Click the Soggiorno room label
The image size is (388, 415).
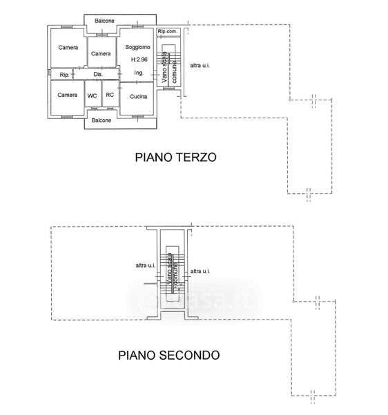coord(137,47)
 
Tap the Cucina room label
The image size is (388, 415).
coord(138,97)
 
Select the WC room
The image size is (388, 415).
coord(92,95)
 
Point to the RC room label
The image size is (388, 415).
coord(110,95)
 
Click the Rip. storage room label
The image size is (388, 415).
coord(64,75)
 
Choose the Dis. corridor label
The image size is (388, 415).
coord(98,75)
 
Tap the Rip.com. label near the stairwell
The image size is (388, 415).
coord(168,31)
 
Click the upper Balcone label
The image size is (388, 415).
coord(104,21)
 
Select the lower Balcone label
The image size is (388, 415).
coord(101,120)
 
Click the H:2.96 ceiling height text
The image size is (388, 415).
coord(139,59)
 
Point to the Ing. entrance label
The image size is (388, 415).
coord(139,73)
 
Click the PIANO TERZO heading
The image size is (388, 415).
coord(175,157)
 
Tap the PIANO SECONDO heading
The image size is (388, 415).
coord(168,356)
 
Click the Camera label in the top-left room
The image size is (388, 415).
coord(68,48)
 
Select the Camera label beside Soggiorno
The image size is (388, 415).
coord(101,54)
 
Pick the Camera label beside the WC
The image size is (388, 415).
coord(68,95)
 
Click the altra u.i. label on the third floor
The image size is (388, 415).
coord(200,66)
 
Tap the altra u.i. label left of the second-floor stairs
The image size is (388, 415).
coord(146,266)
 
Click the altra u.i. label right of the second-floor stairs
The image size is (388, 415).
coord(200,271)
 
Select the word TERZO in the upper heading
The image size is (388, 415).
coord(196,157)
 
